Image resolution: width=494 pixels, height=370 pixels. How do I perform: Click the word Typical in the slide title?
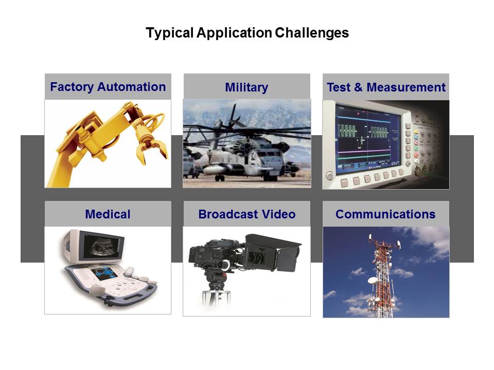pos(169,33)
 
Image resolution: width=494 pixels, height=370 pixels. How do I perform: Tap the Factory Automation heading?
pos(108,87)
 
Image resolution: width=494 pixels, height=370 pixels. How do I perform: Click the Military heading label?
pos(246,87)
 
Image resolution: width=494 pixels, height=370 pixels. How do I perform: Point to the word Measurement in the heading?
pos(406,87)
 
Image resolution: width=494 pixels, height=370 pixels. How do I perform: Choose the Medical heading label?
pos(108,214)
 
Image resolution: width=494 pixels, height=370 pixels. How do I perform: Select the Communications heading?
pos(385,214)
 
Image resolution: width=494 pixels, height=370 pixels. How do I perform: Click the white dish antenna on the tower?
pos(373,280)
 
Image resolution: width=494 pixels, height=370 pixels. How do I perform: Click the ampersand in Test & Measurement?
pos(358,87)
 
